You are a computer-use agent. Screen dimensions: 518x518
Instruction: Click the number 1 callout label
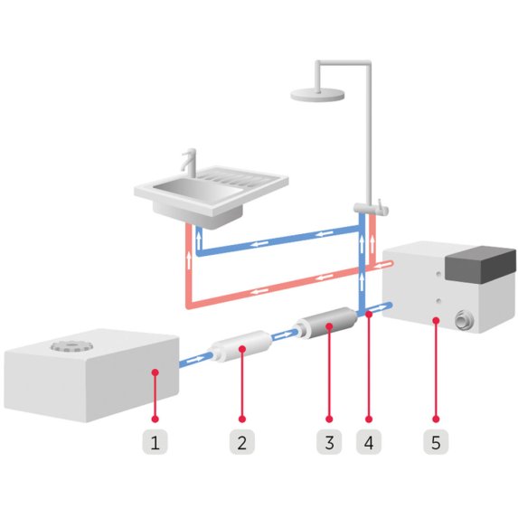[155, 443]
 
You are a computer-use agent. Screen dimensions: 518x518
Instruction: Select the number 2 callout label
[241, 443]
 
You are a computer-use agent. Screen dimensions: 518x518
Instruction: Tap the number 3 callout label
[329, 443]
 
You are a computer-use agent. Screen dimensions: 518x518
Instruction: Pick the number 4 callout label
[368, 443]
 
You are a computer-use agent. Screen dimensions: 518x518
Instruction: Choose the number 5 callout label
[436, 443]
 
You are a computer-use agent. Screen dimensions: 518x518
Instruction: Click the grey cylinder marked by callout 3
[327, 323]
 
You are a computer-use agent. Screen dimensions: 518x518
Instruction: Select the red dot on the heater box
[436, 319]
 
